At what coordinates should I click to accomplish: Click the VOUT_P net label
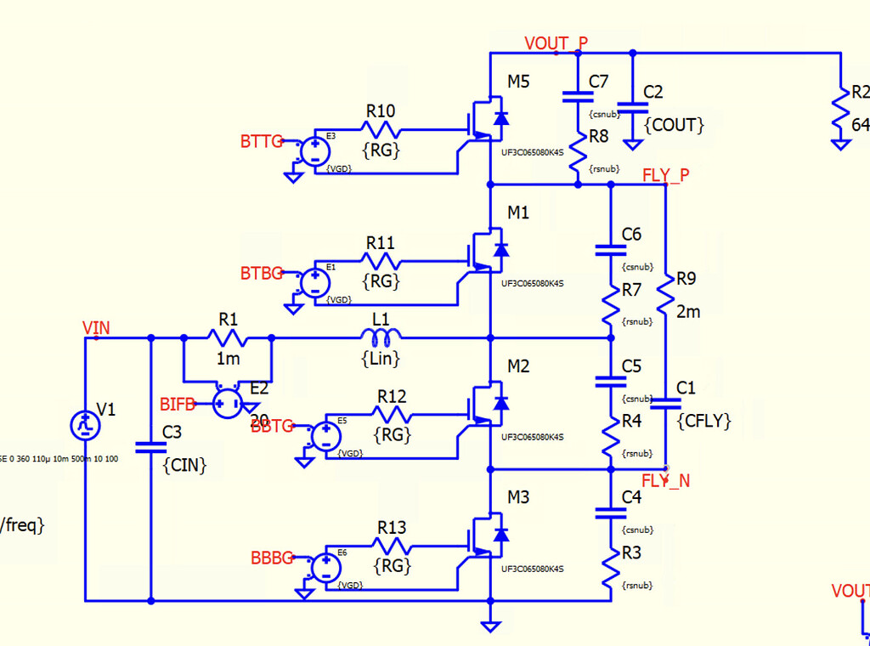pos(556,42)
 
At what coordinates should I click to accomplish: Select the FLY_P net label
pos(666,175)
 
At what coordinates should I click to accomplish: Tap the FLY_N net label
pos(665,480)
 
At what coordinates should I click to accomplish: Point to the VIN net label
pos(96,328)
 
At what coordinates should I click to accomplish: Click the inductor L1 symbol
pos(381,337)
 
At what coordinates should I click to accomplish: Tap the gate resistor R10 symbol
pos(381,129)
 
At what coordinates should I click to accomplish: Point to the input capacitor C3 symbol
pos(150,444)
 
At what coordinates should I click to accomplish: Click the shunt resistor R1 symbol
pos(228,337)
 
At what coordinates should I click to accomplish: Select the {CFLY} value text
pos(703,420)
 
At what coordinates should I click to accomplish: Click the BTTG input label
pos(261,142)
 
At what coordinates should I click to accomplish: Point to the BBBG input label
pos(272,558)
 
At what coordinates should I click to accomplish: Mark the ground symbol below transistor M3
pos(490,625)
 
